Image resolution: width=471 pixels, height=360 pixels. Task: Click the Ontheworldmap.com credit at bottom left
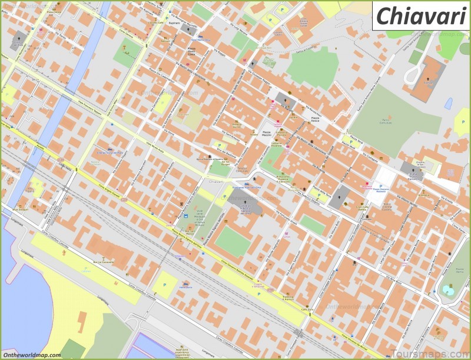coord(31,355)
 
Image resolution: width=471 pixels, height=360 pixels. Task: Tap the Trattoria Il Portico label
coord(287,298)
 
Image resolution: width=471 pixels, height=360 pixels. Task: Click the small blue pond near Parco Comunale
coord(449,103)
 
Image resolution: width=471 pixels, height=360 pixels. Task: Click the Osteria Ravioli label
coord(237,125)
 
